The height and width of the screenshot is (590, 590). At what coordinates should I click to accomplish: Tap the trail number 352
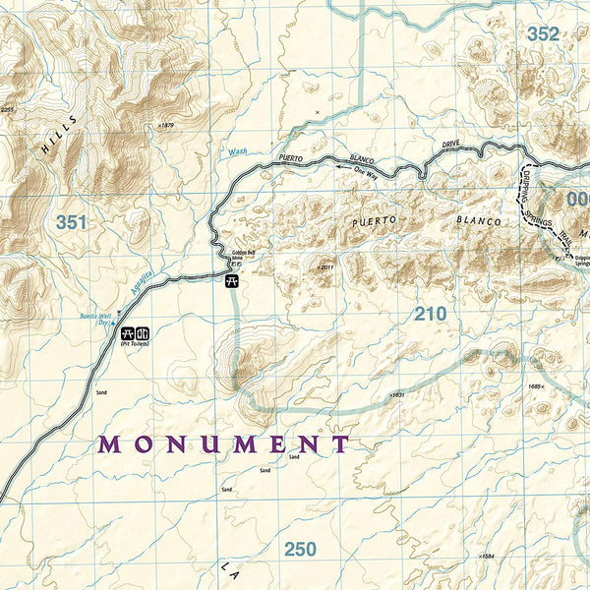[x=542, y=34]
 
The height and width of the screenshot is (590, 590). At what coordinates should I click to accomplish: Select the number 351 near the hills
[x=71, y=222]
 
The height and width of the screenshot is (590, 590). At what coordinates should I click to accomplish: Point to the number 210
[x=430, y=314]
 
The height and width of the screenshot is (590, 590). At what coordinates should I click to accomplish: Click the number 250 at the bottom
[x=300, y=549]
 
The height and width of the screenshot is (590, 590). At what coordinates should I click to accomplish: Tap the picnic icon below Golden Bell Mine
[x=232, y=281]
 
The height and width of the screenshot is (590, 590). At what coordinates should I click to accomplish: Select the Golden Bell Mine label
[x=243, y=259]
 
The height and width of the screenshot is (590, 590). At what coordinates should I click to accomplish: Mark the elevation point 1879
[x=165, y=126]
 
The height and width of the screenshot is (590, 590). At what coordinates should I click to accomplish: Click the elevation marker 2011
[x=326, y=265]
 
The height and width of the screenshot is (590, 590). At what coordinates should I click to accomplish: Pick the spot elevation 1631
[x=395, y=394]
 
